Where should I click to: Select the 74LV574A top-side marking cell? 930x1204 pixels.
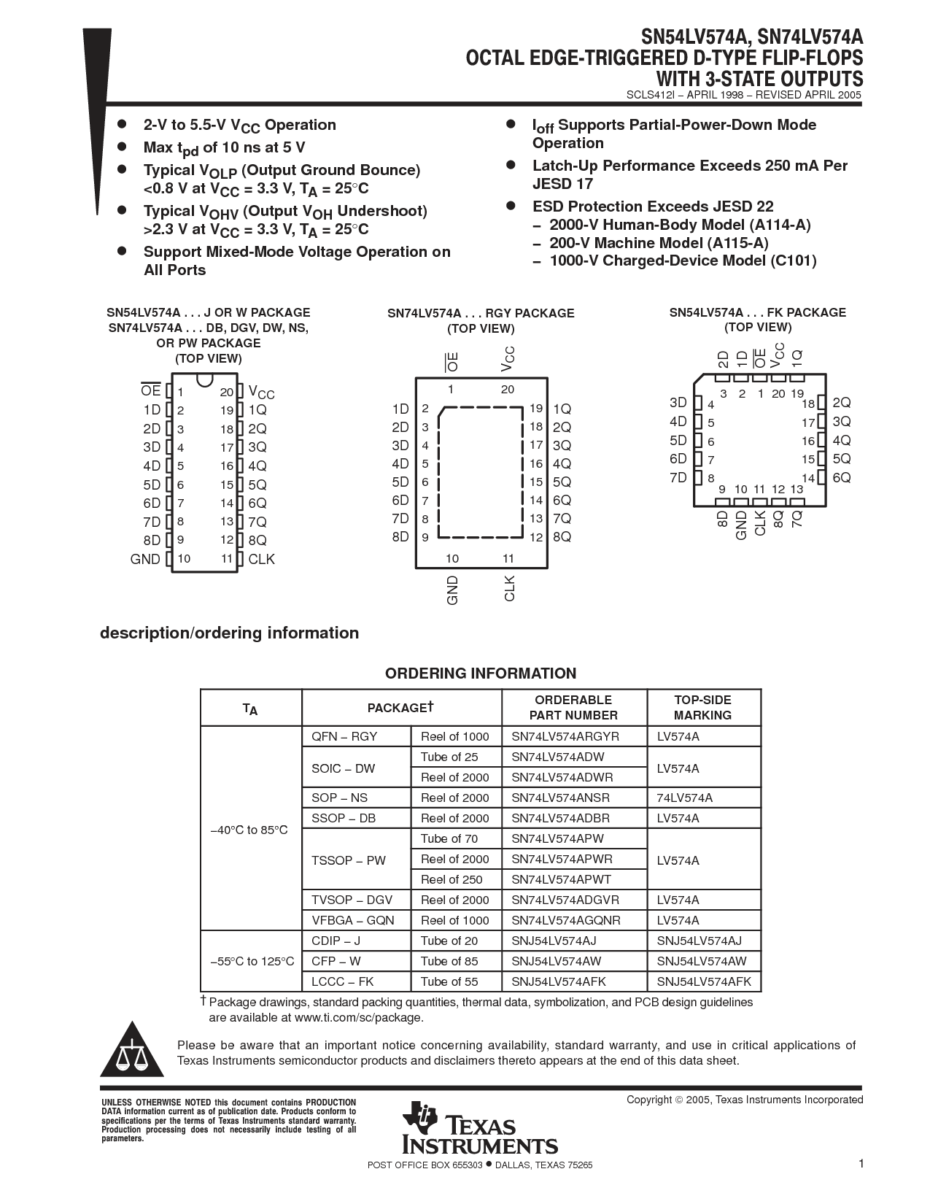(684, 798)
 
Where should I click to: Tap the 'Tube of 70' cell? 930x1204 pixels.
(449, 838)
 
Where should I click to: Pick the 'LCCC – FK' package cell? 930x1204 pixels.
(342, 981)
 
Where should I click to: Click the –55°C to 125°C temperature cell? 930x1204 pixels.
(252, 961)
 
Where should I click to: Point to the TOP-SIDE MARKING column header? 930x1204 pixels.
(703, 707)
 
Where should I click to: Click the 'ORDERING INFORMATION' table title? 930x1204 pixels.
(481, 674)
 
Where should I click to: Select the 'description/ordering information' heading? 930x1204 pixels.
(229, 633)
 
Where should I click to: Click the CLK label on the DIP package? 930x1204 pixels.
(261, 559)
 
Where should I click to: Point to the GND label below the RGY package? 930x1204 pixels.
(453, 590)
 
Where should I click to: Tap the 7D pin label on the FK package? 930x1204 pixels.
(678, 477)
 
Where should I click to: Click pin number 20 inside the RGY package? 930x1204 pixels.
(508, 390)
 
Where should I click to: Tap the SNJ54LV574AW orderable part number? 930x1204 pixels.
(557, 961)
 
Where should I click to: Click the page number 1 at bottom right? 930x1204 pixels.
(861, 1164)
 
